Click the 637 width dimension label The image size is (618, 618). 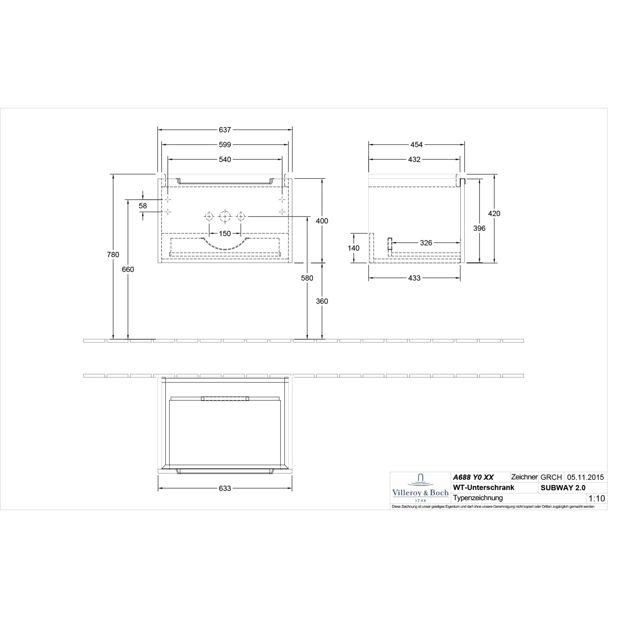(x=225, y=130)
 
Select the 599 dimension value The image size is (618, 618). (x=225, y=145)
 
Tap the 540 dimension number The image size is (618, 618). (x=225, y=159)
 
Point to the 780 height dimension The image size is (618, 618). (x=113, y=255)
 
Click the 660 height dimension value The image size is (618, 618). (x=128, y=269)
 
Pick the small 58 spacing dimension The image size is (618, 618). (x=143, y=206)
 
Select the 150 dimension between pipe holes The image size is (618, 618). (x=225, y=234)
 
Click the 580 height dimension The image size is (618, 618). (x=307, y=278)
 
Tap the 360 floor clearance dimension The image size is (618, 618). (x=322, y=301)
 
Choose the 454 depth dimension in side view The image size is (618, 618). (x=417, y=145)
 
